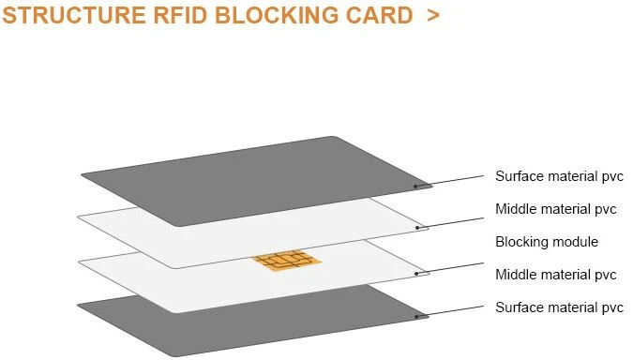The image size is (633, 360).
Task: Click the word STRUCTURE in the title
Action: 74,15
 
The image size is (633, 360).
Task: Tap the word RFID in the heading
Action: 180,15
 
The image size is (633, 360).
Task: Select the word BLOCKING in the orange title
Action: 277,15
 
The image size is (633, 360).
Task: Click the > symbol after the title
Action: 432,16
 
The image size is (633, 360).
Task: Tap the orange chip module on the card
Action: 288,260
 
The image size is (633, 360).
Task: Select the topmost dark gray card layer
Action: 257,181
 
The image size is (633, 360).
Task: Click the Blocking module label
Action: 547,242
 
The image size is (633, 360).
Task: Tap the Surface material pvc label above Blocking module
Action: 559,176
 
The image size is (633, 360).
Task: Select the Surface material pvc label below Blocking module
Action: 559,307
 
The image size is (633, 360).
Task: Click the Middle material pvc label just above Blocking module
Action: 555,209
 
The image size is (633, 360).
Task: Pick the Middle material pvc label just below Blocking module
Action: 555,275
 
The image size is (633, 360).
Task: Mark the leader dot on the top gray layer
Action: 415,187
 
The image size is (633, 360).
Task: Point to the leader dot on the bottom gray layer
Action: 416,317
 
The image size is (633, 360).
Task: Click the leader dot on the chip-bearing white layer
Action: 416,274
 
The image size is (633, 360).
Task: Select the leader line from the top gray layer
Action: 449,181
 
